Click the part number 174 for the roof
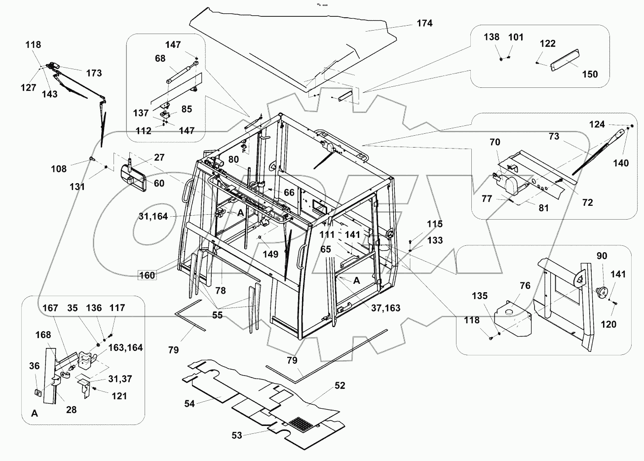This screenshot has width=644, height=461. point(424,23)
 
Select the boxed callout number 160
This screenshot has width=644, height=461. point(147,275)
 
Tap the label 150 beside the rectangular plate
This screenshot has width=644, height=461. point(590,74)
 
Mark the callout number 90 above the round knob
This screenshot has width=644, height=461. point(602,256)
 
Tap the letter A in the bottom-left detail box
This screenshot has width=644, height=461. point(35,414)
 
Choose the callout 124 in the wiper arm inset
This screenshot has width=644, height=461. point(597,124)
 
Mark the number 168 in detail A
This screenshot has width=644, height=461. point(43,335)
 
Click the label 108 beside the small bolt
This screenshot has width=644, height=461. point(59,169)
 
